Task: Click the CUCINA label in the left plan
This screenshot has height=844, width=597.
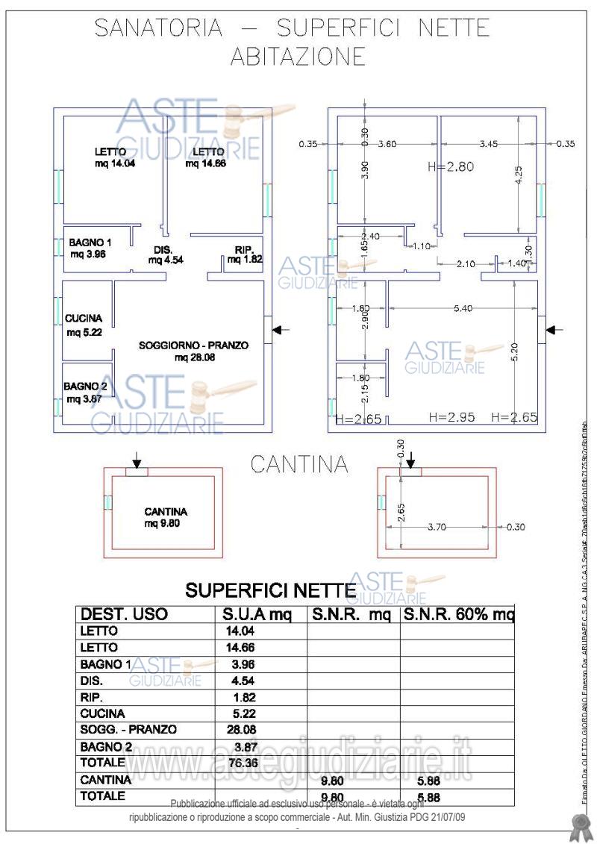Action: (83, 319)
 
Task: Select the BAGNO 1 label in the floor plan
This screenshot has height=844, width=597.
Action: (90, 243)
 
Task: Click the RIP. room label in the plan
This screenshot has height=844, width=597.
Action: (244, 250)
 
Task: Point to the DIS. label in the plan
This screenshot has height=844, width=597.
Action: (163, 250)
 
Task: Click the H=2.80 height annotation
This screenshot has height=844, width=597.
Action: (451, 167)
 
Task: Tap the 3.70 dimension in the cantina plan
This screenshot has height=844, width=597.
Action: (438, 527)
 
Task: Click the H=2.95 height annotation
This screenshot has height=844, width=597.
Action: (452, 417)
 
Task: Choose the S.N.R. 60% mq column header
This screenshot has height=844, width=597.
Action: (458, 616)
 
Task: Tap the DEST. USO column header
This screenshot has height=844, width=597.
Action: (124, 616)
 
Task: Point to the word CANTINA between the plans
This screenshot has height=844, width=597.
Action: (299, 464)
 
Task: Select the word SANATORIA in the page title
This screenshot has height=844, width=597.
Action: (158, 28)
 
